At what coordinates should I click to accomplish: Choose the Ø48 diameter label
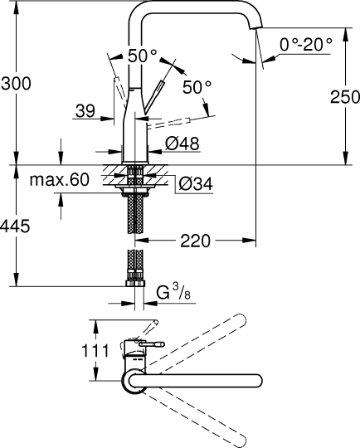pyautogui.click(x=182, y=144)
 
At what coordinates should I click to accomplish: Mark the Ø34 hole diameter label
pyautogui.click(x=196, y=183)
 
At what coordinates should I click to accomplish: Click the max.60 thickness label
pyautogui.click(x=59, y=180)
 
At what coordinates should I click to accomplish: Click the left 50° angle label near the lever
pyautogui.click(x=143, y=55)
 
